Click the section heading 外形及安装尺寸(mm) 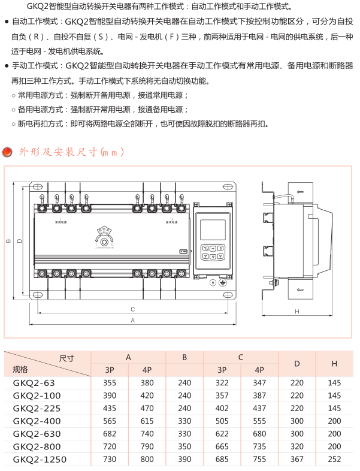[71, 152]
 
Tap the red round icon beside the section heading [8, 152]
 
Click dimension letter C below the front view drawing [133, 309]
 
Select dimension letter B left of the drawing [8, 241]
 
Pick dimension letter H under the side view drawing [297, 312]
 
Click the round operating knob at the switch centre [107, 241]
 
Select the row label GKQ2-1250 [40, 460]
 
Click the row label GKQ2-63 [34, 382]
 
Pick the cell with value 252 [335, 460]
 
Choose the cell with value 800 [147, 460]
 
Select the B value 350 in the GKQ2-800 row [184, 447]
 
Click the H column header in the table [335, 363]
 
